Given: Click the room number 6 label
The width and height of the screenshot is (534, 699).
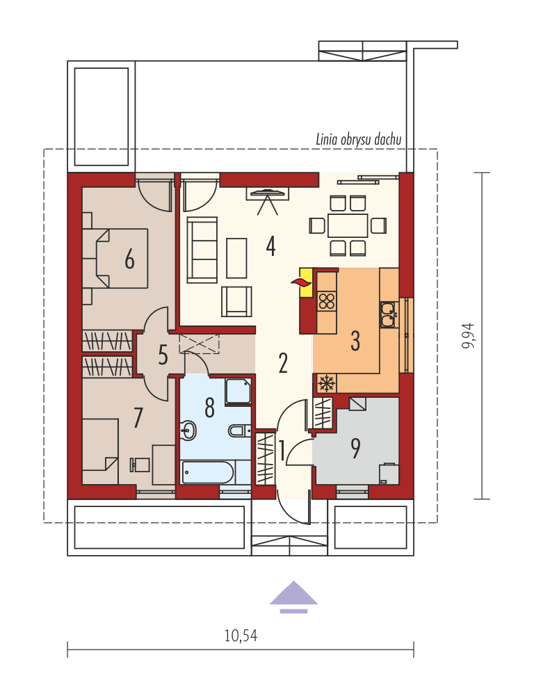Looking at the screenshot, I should tap(129, 259).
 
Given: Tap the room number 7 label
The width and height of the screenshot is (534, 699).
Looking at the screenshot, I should tap(138, 418).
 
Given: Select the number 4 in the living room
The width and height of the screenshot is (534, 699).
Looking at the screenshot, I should tap(270, 246).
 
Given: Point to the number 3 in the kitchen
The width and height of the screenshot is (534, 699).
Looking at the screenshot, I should tap(355, 341).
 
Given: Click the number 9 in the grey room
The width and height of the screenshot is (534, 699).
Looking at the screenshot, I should tap(355, 449).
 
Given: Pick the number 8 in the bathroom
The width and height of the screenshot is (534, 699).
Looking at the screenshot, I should tap(209, 408).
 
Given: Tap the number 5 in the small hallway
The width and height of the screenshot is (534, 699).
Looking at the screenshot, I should tap(163, 355).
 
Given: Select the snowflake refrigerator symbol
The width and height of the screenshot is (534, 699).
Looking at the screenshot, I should tap(325, 383).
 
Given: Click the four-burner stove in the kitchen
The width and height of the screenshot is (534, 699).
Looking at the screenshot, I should tap(326, 302).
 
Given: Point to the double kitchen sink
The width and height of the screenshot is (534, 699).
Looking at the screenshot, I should tap(388, 314).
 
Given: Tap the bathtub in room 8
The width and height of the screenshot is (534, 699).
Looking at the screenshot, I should tap(208, 472).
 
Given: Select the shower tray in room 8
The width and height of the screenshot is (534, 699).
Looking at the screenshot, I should tap(238, 391).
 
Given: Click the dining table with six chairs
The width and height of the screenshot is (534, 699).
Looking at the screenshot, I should tap(347, 225).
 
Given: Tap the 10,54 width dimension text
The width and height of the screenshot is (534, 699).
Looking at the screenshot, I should tap(241, 635).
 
